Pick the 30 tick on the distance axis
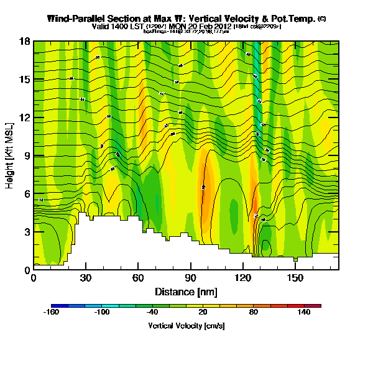click(86, 278)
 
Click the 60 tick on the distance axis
click(138, 278)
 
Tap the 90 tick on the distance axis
click(190, 278)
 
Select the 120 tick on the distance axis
click(242, 278)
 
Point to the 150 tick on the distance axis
click(295, 278)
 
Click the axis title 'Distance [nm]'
click(185, 292)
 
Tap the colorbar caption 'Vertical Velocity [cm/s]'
click(186, 325)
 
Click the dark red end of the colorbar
click(317, 306)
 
